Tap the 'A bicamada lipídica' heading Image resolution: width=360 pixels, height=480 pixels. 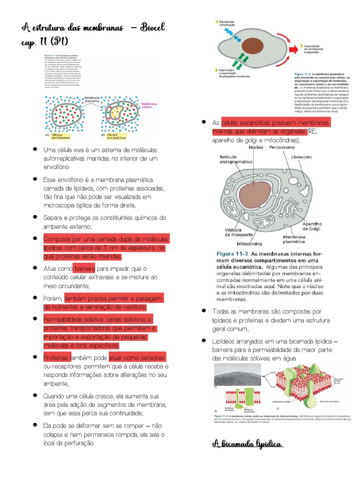pos(247,443)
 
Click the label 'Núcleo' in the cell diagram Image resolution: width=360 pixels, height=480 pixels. pos(255,147)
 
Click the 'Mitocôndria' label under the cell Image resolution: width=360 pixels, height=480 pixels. pos(251,244)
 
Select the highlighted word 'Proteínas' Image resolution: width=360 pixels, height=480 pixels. pos(57,357)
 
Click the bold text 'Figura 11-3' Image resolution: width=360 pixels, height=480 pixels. pos(232,253)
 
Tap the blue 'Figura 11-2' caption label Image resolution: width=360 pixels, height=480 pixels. pos(306,74)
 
